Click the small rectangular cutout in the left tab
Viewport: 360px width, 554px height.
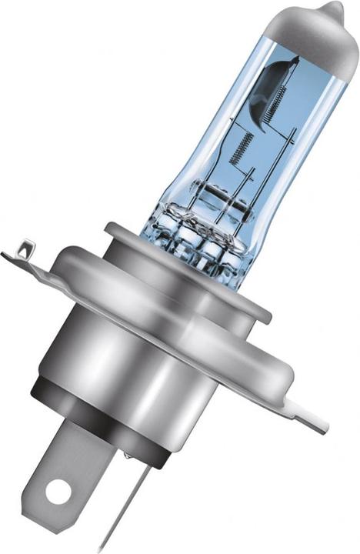pos(25,248)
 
